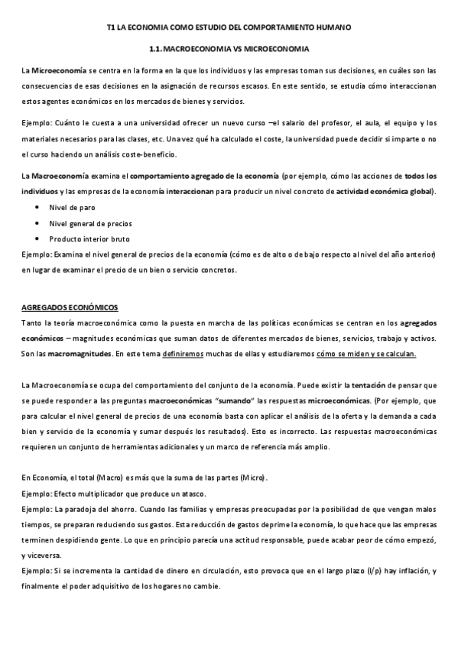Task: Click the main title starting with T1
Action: tap(229, 28)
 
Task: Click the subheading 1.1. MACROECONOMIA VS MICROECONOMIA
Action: tap(229, 50)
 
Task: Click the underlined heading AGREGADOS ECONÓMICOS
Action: tap(70, 307)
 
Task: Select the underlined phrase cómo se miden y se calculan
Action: tap(366, 354)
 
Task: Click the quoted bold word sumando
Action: tap(235, 400)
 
